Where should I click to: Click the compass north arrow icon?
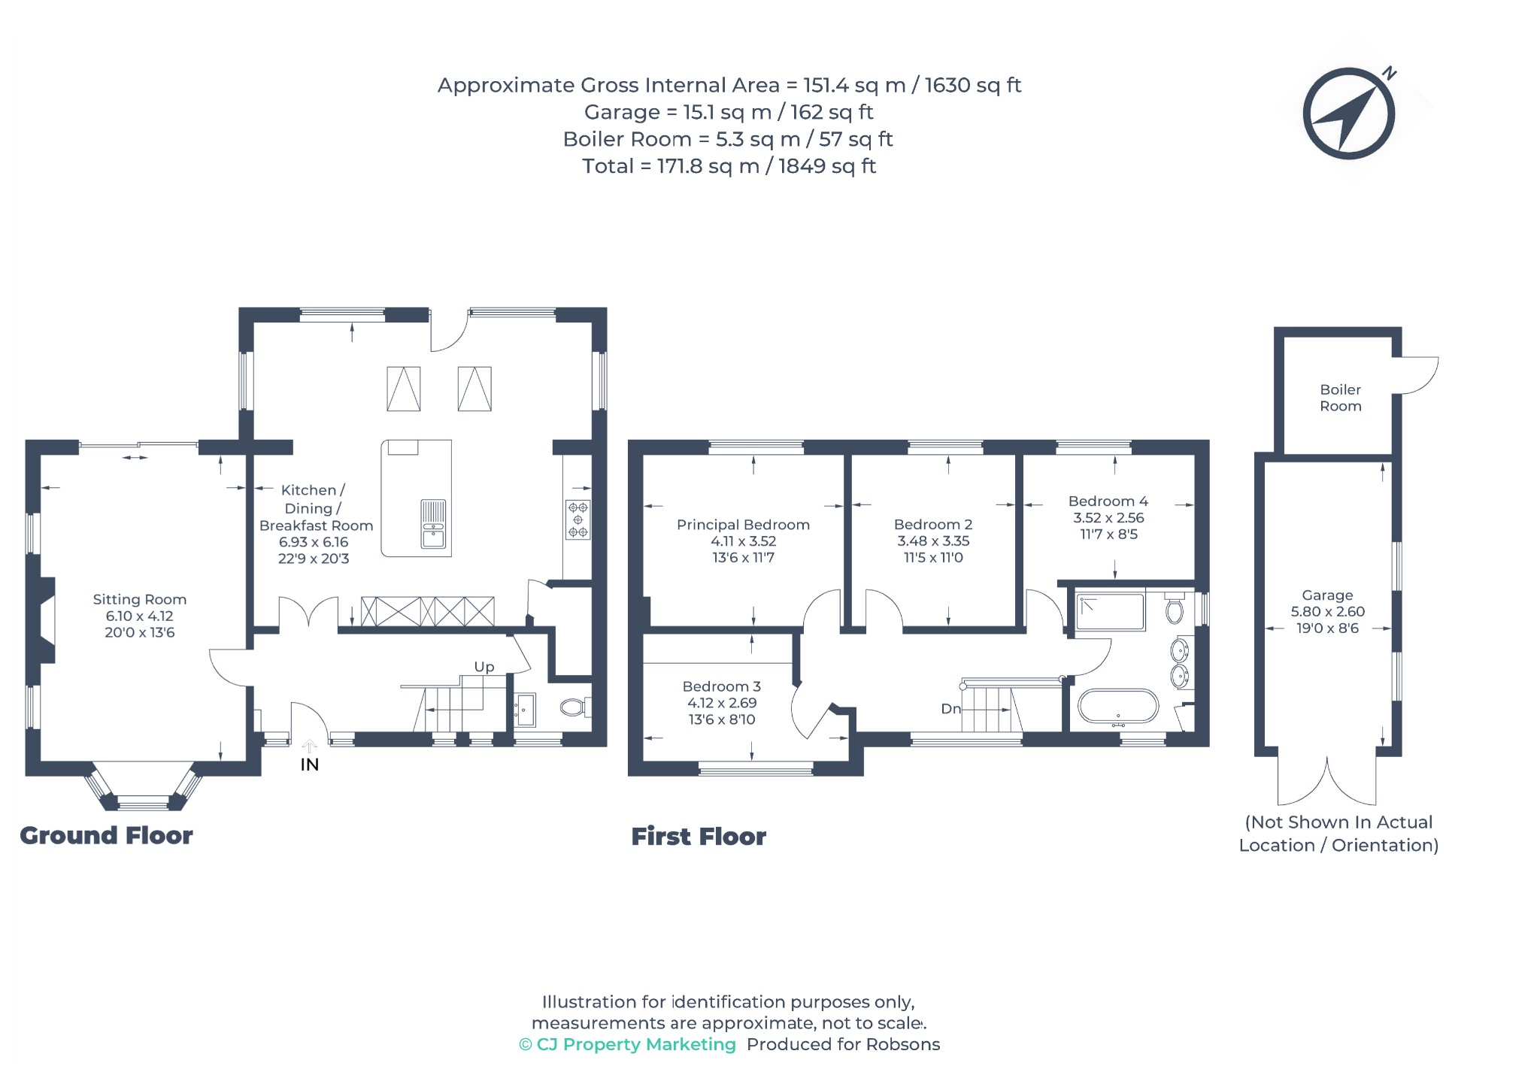point(1349,114)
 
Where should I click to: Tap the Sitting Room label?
point(140,599)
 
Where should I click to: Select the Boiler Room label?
point(1341,398)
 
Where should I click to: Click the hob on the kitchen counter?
point(577,519)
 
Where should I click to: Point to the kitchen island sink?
point(433,524)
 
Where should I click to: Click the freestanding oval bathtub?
point(1118,707)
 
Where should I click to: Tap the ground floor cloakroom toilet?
point(576,707)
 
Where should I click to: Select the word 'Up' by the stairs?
point(484,667)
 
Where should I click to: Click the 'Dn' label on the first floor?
point(950,708)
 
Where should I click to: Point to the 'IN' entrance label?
point(310,765)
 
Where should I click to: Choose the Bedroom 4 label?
point(1108,501)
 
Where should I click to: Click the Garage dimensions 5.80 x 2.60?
point(1327,611)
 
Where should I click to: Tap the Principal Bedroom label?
point(743,525)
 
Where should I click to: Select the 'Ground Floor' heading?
point(106,835)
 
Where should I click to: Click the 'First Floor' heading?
point(699,836)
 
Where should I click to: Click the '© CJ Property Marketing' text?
point(627,1044)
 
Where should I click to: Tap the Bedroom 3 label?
point(721,686)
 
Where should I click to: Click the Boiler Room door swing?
point(1418,375)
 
